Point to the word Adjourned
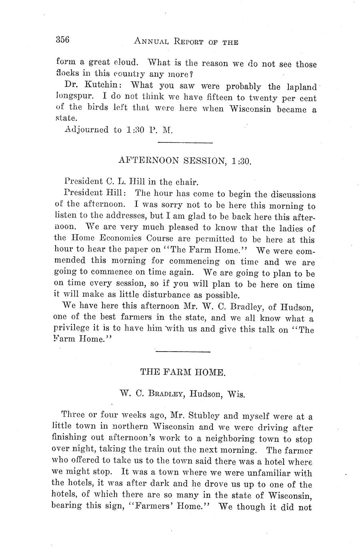[86, 130]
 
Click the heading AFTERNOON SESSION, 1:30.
[185, 161]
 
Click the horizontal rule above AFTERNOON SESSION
[185, 143]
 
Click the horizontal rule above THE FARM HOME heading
[182, 352]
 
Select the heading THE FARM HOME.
[183, 372]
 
